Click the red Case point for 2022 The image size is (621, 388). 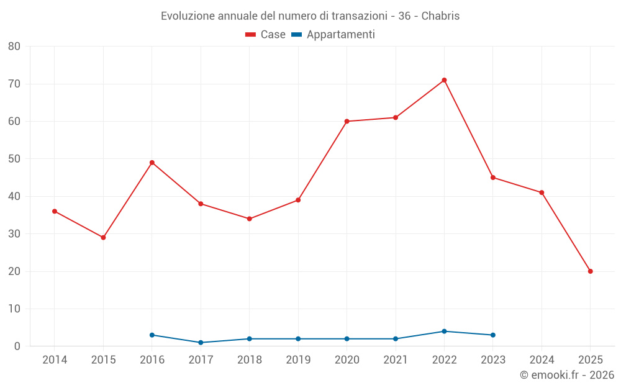[444, 80]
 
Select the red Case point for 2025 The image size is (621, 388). [590, 271]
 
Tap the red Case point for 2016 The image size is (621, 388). [152, 163]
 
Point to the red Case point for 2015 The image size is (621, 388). [103, 238]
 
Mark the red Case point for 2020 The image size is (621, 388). [347, 121]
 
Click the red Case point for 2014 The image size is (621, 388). [55, 211]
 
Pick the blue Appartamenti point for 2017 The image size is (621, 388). [201, 343]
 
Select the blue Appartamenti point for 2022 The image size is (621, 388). [444, 332]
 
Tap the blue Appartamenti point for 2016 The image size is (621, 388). [152, 335]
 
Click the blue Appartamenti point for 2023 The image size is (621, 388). [493, 335]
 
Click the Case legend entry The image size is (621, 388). [265, 35]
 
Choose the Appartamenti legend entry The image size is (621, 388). [333, 35]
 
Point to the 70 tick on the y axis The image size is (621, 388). [14, 84]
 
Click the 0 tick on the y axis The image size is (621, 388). [17, 346]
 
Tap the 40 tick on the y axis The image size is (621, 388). [14, 196]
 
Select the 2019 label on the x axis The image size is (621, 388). [298, 360]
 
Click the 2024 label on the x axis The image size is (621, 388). [542, 360]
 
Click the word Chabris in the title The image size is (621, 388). [440, 16]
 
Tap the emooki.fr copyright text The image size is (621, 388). [566, 375]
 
